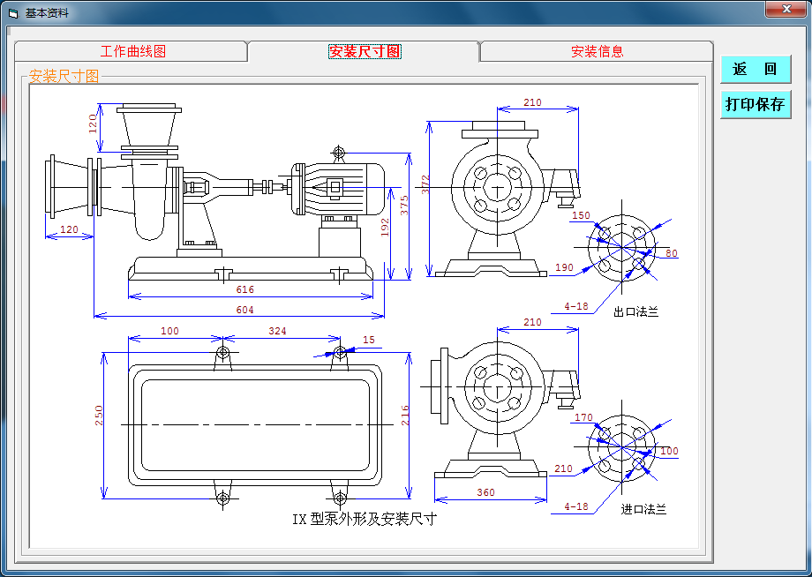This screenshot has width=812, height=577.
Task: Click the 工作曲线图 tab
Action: (132, 51)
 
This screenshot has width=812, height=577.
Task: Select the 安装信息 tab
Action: (597, 51)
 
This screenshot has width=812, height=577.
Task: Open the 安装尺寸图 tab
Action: (365, 51)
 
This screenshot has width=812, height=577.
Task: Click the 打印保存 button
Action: (755, 104)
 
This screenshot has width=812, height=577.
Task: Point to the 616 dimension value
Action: (244, 289)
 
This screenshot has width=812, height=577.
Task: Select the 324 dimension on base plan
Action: (277, 331)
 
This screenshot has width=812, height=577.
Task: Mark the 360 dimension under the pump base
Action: (485, 492)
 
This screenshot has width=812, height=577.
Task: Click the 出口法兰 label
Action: (636, 311)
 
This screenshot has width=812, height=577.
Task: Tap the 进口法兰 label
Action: (643, 509)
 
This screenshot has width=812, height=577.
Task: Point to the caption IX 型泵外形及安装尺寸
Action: (365, 519)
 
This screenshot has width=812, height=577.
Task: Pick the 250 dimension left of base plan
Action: (99, 416)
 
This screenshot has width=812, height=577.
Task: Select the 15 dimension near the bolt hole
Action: (368, 340)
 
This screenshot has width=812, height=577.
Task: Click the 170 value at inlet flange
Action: (583, 417)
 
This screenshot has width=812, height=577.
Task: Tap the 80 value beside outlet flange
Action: (672, 254)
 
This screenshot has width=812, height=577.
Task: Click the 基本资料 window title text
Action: (46, 13)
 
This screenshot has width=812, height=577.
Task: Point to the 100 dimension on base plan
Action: (169, 331)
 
